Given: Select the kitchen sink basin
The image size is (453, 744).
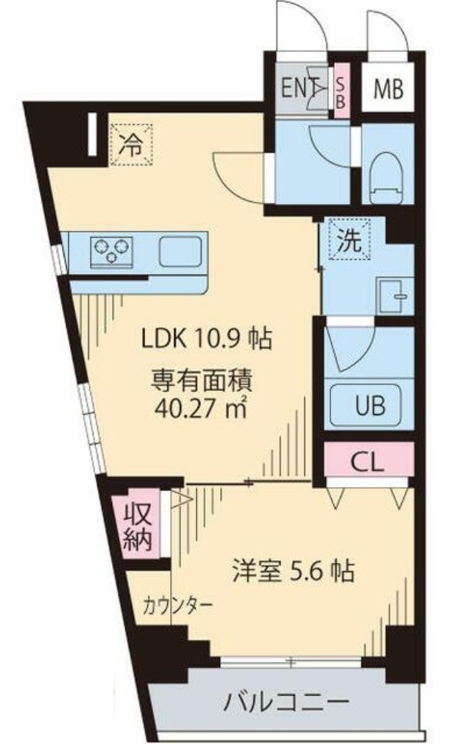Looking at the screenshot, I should pyautogui.click(x=181, y=250).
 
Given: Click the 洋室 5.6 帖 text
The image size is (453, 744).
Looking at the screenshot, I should pyautogui.click(x=292, y=571).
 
